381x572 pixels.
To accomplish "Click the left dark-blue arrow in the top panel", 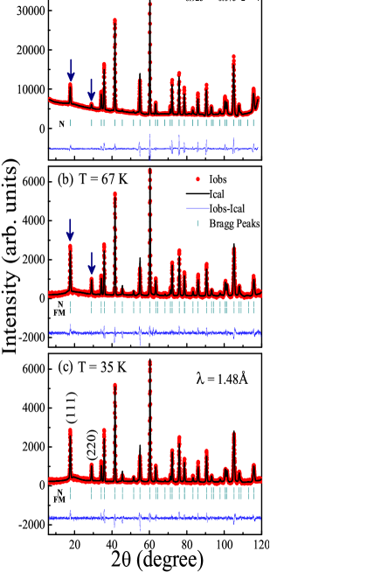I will (x=71, y=70).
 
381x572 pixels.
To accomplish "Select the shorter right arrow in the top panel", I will (x=91, y=89).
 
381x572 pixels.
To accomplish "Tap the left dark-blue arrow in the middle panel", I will (x=70, y=229).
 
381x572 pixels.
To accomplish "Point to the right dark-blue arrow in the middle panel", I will (x=91, y=263).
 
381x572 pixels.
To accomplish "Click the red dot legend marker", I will (x=197, y=179).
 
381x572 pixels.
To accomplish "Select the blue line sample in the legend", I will (x=197, y=208).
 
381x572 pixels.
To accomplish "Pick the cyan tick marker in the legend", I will (x=197, y=223).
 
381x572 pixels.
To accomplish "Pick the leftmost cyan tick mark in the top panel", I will (x=71, y=123).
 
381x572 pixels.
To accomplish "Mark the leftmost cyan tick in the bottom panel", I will (x=70, y=493).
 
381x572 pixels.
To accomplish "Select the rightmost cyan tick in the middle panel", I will (x=254, y=308).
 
